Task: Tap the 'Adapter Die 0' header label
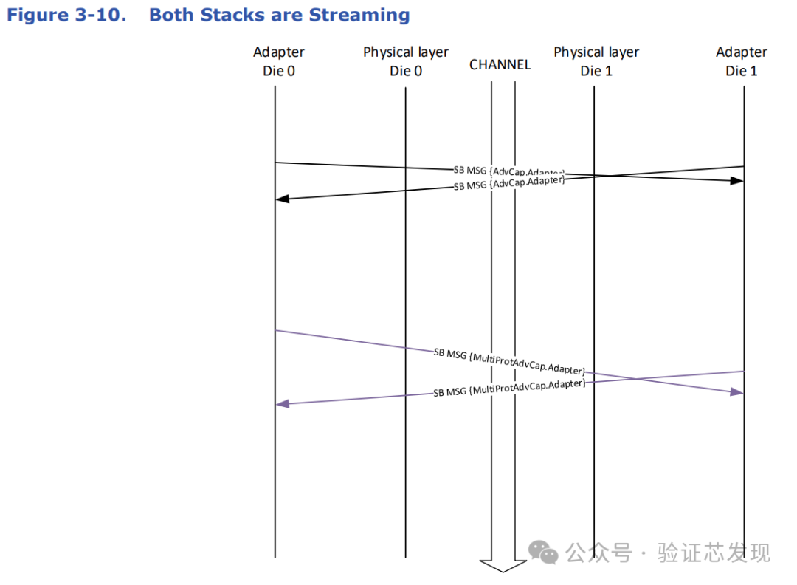point(278,61)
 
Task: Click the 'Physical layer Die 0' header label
point(406,61)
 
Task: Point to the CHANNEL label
point(500,65)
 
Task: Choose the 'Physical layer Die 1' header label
point(596,61)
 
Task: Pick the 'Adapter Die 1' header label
point(741,61)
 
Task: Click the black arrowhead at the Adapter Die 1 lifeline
point(736,180)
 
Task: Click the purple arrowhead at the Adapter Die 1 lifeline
point(736,391)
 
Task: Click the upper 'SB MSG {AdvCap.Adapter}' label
point(508,171)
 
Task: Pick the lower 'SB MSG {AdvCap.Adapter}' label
point(508,183)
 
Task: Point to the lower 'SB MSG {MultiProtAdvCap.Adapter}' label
point(509,388)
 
